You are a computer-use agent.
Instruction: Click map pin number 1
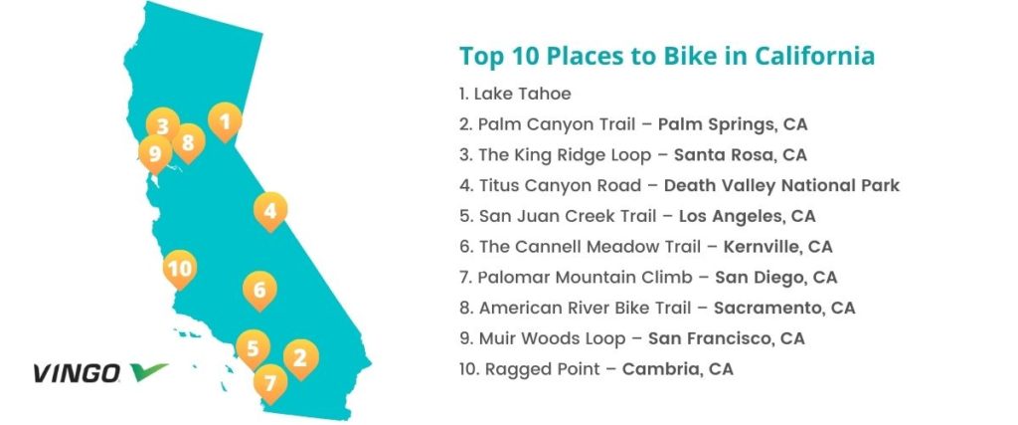point(225,121)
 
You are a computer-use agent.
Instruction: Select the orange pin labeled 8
point(188,142)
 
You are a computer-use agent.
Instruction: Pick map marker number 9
point(155,154)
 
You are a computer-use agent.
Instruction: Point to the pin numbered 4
point(270,211)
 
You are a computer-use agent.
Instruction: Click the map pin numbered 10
point(180,269)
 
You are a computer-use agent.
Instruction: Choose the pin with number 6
point(259,290)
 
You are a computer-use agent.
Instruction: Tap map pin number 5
point(254,349)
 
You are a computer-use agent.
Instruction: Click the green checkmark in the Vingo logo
point(149,371)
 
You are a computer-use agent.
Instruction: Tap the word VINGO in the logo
point(77,373)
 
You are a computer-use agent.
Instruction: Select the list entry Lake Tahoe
point(515,94)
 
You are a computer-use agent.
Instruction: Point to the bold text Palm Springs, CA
point(733,124)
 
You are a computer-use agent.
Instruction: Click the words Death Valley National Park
point(781,186)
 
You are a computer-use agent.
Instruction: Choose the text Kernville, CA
point(777,247)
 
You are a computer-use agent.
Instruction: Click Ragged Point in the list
point(543,370)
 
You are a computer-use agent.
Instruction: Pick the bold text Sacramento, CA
point(784,308)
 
